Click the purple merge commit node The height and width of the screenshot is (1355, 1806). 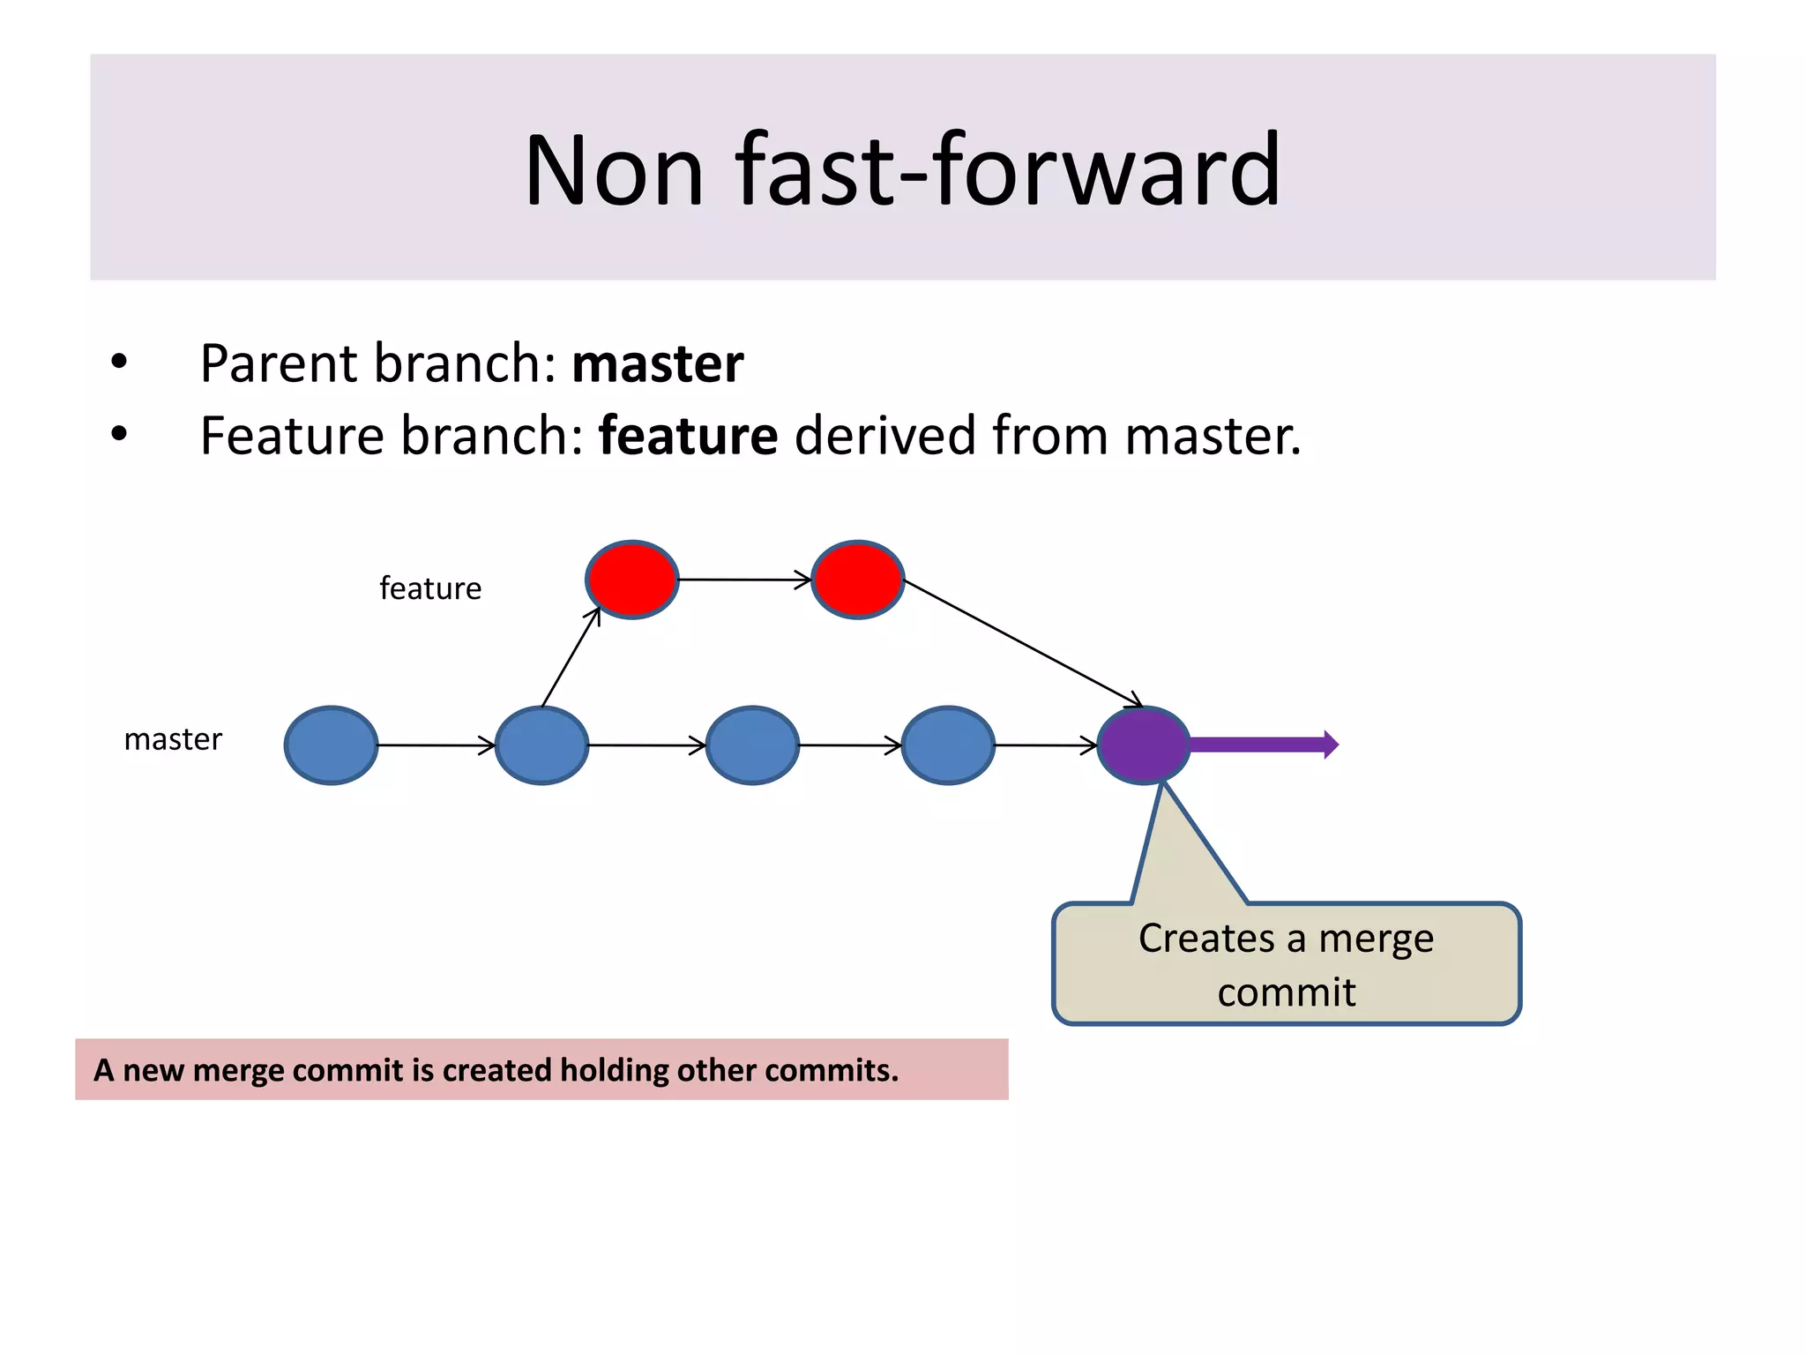[1144, 745]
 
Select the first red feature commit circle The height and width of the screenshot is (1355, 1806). [632, 580]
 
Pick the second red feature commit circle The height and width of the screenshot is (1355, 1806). [858, 580]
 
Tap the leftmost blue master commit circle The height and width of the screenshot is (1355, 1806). [332, 745]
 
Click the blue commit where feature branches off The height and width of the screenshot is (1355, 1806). [541, 745]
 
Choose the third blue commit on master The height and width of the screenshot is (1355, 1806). [752, 745]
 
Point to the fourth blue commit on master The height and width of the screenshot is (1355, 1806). [948, 745]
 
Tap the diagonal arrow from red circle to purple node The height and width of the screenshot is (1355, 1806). [1023, 643]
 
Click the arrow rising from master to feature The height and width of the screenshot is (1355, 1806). [571, 657]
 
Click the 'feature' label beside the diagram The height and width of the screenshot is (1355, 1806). [430, 588]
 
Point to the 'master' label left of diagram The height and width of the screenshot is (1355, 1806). [173, 739]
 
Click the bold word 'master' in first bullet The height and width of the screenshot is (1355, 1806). [658, 363]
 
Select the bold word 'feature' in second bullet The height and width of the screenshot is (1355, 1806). [688, 436]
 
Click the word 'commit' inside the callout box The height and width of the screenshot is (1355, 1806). [1287, 992]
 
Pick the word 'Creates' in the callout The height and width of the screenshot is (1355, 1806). [1206, 938]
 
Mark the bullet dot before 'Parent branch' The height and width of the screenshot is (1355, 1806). [119, 362]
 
